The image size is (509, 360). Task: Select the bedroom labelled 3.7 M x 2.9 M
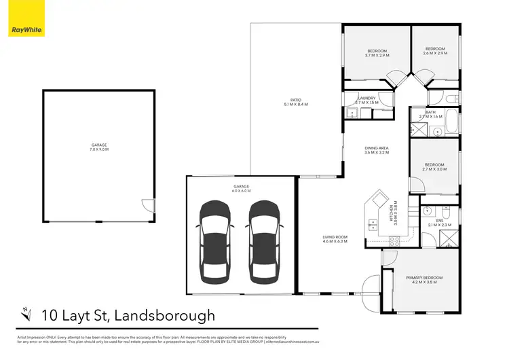click(377, 53)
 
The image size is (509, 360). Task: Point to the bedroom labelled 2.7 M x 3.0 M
click(434, 167)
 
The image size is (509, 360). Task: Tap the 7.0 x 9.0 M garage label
click(99, 147)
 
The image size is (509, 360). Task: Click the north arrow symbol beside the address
click(27, 313)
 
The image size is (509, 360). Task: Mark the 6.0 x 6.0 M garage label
click(242, 188)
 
